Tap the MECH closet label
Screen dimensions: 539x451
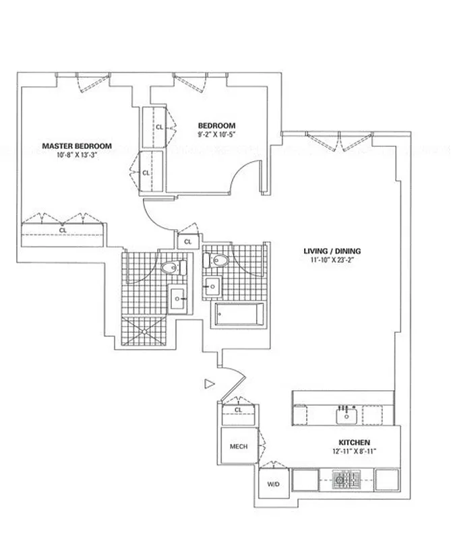[x=238, y=446]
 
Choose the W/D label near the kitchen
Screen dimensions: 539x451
[x=274, y=484]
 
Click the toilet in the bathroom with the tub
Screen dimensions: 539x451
[x=218, y=260]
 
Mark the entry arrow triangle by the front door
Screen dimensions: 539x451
[x=209, y=384]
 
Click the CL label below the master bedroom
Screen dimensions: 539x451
[x=63, y=230]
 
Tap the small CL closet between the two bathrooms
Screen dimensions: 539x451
[x=187, y=241]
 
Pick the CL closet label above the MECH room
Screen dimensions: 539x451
[x=238, y=410]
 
